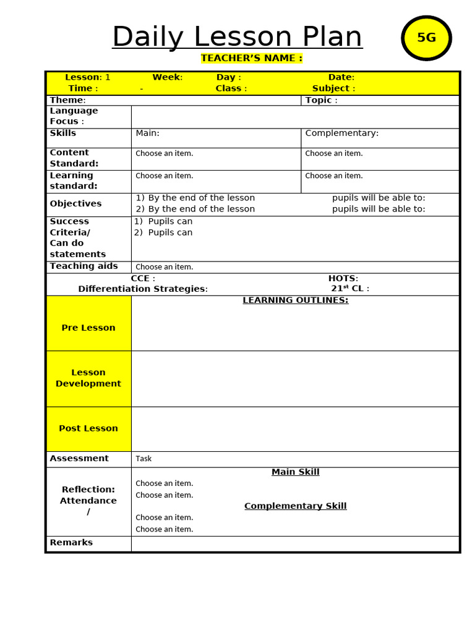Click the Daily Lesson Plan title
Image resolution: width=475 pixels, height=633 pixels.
click(x=237, y=37)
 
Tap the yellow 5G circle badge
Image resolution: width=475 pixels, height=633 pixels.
click(x=426, y=38)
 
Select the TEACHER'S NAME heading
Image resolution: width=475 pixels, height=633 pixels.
click(x=251, y=58)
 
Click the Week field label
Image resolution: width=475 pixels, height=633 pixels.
click(x=167, y=77)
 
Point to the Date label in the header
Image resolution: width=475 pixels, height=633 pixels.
click(x=341, y=77)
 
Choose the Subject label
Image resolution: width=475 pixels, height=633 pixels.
click(x=333, y=88)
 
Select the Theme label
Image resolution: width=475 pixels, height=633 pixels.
click(x=67, y=100)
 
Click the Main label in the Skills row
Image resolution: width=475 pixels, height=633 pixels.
click(x=147, y=133)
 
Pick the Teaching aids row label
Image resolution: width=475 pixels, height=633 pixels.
click(x=83, y=266)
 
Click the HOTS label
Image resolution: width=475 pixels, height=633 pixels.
click(x=343, y=278)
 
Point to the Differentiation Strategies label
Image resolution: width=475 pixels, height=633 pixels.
click(x=143, y=289)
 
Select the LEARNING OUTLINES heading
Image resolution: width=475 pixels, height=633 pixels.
click(x=295, y=300)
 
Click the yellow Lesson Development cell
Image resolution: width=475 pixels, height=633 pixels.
click(x=88, y=378)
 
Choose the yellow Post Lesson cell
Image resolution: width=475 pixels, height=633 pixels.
click(x=88, y=428)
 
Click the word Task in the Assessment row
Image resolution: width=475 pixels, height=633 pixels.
click(x=143, y=459)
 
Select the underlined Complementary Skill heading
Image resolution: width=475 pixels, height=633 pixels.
click(x=295, y=506)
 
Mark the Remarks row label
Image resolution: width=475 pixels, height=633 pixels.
click(x=71, y=543)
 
